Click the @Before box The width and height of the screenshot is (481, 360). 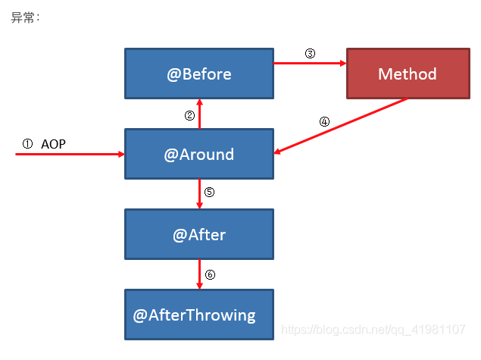click(x=199, y=74)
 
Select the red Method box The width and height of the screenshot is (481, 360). click(x=408, y=74)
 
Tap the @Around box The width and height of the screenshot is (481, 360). click(x=199, y=154)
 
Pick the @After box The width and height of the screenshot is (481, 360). click(x=199, y=234)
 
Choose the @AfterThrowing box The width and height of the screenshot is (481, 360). click(x=199, y=315)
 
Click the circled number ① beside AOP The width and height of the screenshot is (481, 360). click(x=27, y=144)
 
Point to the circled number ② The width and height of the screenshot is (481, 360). click(x=189, y=116)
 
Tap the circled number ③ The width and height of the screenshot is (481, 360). click(x=310, y=53)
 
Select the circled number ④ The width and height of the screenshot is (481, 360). click(x=324, y=121)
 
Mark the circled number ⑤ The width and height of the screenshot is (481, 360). click(x=209, y=192)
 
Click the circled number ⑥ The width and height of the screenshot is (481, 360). click(x=210, y=274)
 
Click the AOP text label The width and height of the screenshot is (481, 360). click(x=53, y=144)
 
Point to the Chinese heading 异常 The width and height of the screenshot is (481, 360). click(x=23, y=17)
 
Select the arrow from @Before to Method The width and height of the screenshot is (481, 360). click(x=310, y=63)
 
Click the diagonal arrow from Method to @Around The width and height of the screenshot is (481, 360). click(x=341, y=126)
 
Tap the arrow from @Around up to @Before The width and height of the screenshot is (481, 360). click(x=199, y=114)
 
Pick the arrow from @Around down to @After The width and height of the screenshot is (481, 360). click(x=199, y=194)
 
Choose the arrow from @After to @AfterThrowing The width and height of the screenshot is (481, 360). click(x=199, y=274)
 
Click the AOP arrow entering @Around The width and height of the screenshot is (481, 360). click(x=70, y=154)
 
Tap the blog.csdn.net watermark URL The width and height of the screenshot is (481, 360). click(x=373, y=330)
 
